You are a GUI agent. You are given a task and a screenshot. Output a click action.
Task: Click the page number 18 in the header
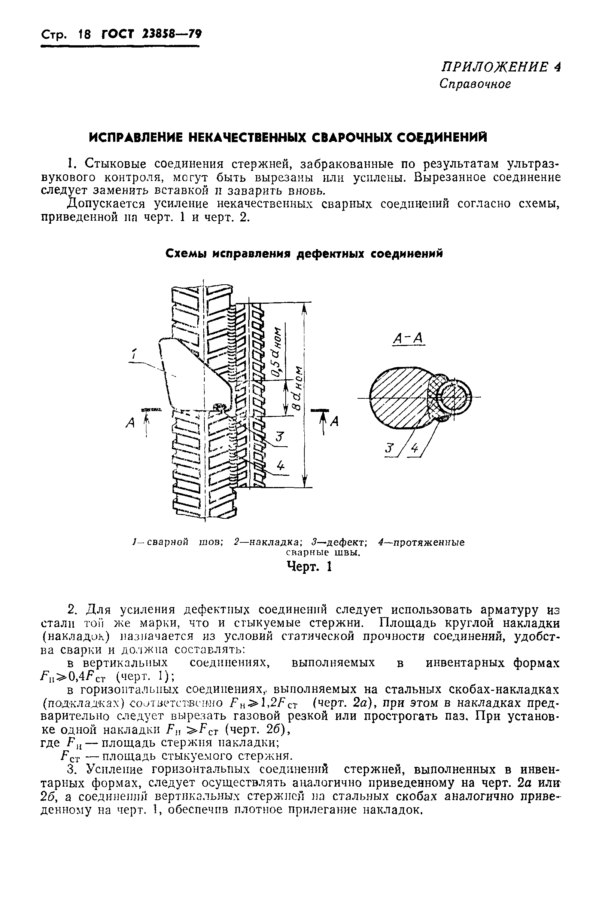coord(84,35)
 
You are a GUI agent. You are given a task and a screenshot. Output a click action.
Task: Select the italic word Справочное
coord(475,84)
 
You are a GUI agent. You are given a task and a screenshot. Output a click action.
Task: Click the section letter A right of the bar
coord(334,421)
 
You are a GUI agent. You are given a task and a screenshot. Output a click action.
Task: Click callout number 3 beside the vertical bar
coord(279,438)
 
